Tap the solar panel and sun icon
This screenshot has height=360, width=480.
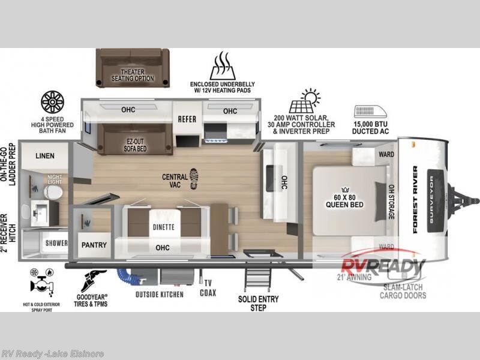[x=304, y=101]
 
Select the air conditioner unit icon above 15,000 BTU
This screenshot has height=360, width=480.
[x=370, y=112]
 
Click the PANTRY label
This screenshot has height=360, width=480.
[x=94, y=245]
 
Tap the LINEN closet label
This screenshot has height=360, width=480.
[x=44, y=156]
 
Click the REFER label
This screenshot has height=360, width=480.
[x=187, y=119]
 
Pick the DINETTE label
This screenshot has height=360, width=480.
[x=163, y=227]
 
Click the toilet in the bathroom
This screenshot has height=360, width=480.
[x=52, y=192]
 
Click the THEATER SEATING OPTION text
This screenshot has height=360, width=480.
[x=133, y=76]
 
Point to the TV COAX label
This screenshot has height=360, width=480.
[x=208, y=289]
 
